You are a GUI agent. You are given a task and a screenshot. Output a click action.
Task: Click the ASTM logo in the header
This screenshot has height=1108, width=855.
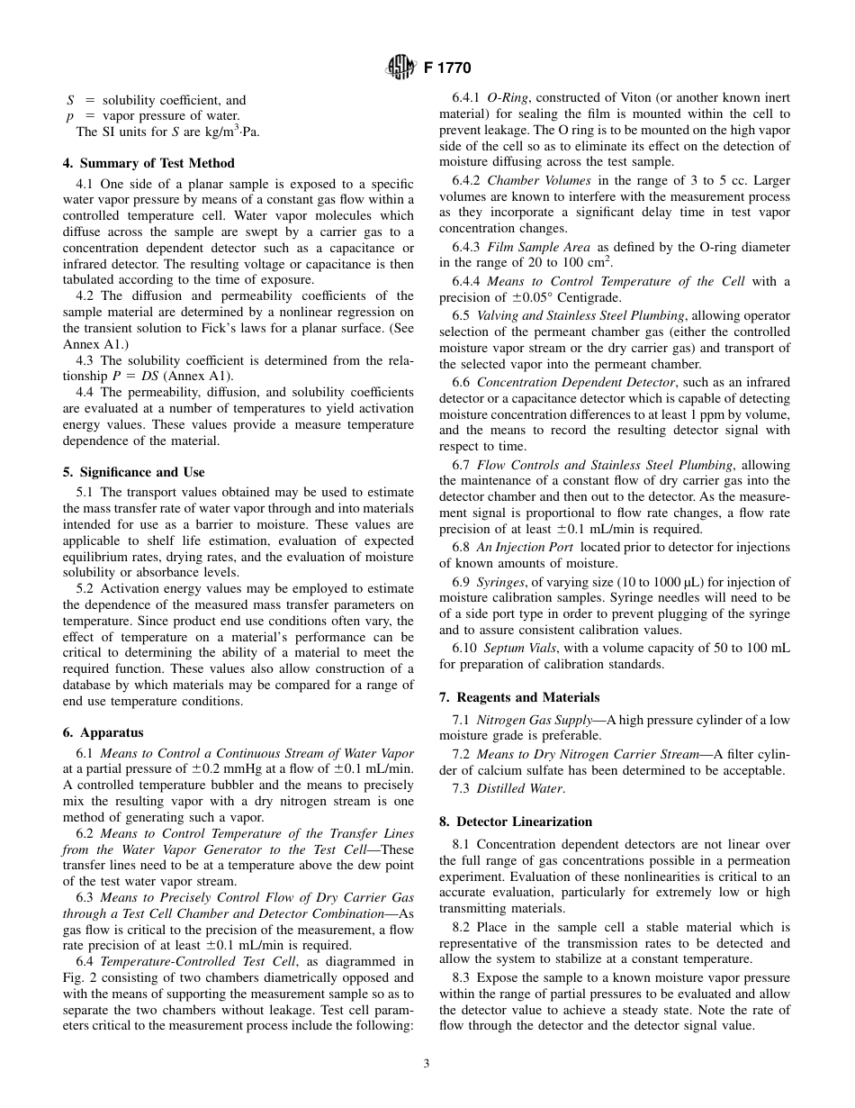(x=397, y=68)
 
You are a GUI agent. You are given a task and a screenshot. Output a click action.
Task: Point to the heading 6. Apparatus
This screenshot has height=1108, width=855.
(x=103, y=732)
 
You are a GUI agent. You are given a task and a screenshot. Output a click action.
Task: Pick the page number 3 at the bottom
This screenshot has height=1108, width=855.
(x=427, y=1063)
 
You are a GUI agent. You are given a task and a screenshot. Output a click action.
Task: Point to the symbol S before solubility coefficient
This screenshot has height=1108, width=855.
(x=70, y=100)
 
